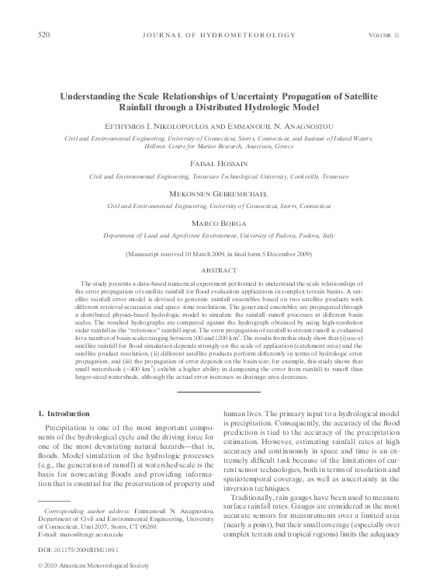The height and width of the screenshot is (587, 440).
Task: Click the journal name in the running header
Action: [220, 36]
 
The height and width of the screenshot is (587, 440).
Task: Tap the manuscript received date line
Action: [220, 254]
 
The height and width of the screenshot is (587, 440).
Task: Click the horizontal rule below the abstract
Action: [220, 391]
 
